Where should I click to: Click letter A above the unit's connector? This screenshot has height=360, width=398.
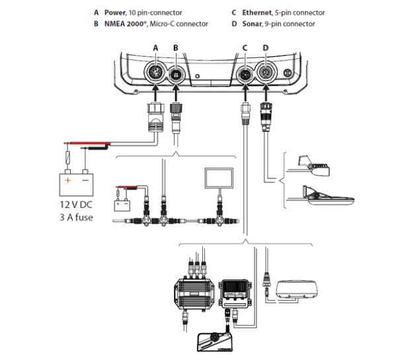pos(156,48)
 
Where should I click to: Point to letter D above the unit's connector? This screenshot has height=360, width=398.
pos(266,48)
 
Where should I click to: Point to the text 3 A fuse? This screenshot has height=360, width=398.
pos(76,217)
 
